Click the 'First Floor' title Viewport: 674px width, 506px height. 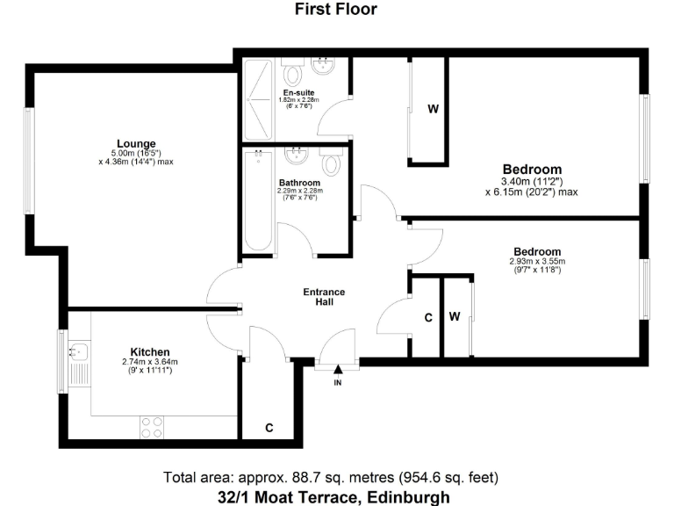(x=336, y=10)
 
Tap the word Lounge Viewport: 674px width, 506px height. (x=136, y=143)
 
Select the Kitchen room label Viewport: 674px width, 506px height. (x=150, y=351)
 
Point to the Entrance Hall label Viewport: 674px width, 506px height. (x=324, y=297)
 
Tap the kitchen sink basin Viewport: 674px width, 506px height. (x=79, y=352)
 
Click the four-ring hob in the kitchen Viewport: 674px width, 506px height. (x=152, y=427)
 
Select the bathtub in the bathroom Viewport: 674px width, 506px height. (x=258, y=200)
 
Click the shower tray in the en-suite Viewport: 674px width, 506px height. (x=258, y=98)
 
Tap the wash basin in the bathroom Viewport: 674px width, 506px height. (x=299, y=156)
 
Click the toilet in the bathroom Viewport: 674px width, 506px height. (x=331, y=163)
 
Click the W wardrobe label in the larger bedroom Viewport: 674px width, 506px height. (x=433, y=110)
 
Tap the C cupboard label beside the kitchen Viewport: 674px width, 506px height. (x=269, y=428)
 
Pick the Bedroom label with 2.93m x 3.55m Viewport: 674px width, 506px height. (x=537, y=250)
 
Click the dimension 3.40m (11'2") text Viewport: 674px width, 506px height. (x=532, y=182)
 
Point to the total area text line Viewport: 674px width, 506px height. (x=331, y=478)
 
